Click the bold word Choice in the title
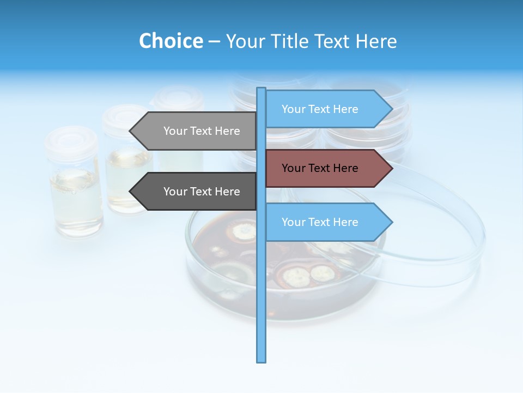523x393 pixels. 171,41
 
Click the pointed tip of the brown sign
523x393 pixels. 391,168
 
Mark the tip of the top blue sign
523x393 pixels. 391,109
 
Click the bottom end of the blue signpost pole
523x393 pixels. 261,360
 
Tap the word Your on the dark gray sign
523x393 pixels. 175,192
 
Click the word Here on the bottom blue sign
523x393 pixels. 345,222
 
